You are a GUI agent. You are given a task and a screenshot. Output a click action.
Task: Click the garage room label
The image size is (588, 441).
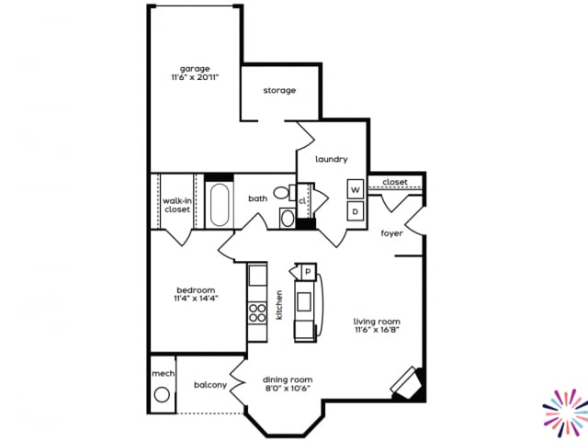pos(195,68)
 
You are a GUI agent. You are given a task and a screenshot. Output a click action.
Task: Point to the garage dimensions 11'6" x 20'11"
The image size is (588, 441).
pos(195,78)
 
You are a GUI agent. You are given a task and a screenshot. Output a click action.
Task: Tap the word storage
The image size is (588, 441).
pos(279,90)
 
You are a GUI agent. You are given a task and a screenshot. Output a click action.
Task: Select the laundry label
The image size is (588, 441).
pos(331,159)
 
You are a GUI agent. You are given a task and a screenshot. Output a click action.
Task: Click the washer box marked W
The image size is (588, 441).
pos(355,189)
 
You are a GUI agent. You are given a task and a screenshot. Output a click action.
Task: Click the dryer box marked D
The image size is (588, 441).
pos(355,210)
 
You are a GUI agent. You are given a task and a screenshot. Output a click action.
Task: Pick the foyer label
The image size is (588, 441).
pos(392,233)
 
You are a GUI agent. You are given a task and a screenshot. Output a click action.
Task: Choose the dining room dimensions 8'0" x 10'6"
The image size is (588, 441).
pos(288,390)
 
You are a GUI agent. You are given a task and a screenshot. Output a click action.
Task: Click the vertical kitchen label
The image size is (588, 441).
pos(278,305)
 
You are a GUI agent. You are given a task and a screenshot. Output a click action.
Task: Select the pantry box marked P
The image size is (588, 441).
pos(306,272)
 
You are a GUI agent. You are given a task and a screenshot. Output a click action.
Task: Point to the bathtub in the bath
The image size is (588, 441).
pos(220,205)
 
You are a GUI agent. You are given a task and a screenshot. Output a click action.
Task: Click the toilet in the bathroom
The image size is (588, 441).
pos(281,194)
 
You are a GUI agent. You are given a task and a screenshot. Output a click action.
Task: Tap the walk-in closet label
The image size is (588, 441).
pos(176,205)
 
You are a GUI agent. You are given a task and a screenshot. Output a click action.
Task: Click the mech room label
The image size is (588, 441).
pos(163,374)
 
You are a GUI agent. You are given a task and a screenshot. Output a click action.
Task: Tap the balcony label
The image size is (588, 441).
pos(210,385)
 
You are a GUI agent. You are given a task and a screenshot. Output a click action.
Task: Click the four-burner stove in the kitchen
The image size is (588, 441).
pos(257,309)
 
